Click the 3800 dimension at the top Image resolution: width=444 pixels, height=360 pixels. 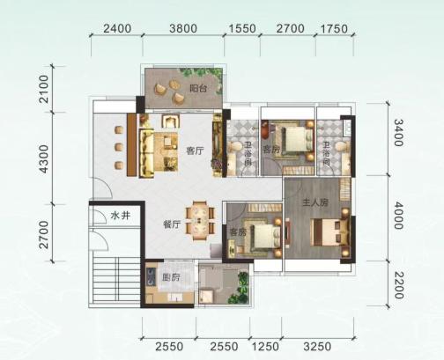coord(183,28)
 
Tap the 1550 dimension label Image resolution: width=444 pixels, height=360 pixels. coord(242,29)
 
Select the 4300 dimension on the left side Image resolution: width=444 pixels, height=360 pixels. coord(44,158)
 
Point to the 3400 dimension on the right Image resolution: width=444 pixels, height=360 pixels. coord(398,132)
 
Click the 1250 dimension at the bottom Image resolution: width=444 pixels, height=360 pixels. coord(265,347)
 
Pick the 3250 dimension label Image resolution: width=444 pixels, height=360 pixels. coord(317,347)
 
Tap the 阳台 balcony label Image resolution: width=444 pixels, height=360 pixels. coord(198,88)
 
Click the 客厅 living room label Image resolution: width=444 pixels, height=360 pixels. coord(195,151)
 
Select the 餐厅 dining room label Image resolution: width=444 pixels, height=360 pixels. coord(172,224)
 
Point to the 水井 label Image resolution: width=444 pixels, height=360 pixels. coord(121,216)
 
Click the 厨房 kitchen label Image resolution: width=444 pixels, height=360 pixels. coord(171,276)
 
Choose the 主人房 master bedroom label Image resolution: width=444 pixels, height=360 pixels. coord(315,202)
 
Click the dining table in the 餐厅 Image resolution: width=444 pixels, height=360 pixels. coord(200,221)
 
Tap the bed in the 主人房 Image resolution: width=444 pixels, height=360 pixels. coord(329,231)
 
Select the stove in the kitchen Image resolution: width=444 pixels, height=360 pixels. coord(151,277)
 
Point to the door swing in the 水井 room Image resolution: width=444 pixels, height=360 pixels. coord(99,217)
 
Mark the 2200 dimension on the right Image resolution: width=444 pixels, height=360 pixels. coord(399,285)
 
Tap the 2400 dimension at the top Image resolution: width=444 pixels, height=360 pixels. coord(117,28)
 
